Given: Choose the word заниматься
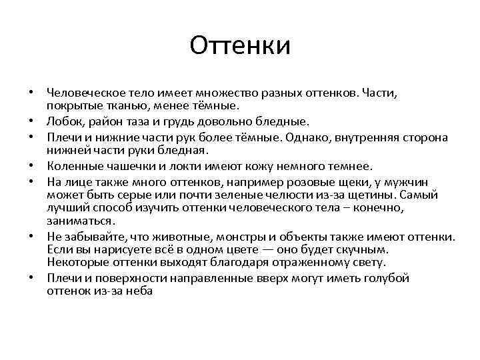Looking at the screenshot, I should coord(81,220).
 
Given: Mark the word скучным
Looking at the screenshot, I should coord(363,249).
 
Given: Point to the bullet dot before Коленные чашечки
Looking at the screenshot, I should coord(31,167).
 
